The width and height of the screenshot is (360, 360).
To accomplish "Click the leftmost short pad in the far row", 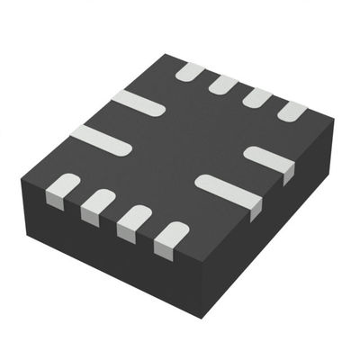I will (190, 71).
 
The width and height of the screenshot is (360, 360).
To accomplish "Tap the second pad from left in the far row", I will (223, 85).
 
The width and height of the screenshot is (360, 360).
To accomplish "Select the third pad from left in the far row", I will (257, 97).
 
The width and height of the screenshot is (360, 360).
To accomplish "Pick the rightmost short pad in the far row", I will (292, 111).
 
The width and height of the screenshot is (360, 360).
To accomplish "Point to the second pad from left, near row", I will (98, 205).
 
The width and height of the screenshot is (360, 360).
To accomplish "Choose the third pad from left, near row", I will (134, 220).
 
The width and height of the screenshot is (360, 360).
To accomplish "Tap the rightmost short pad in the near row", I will (170, 237).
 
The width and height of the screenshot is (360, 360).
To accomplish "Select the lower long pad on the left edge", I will (101, 139).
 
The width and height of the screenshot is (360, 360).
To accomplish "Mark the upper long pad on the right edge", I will (270, 160).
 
